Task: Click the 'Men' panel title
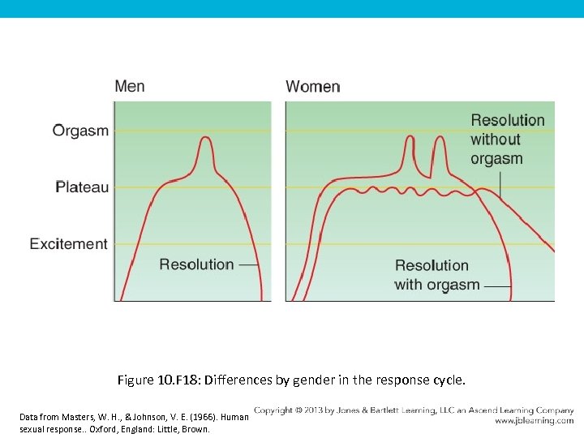tap(130, 86)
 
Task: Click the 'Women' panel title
tap(313, 87)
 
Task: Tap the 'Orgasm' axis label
tap(80, 131)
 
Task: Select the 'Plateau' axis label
tap(82, 187)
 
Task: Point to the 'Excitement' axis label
tap(69, 243)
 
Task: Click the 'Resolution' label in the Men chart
tap(196, 264)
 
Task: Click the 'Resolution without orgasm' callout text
tap(507, 140)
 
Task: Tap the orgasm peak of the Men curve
tap(205, 138)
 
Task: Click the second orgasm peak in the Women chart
tap(440, 137)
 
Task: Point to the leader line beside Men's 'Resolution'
tap(249, 265)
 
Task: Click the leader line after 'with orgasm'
tap(497, 286)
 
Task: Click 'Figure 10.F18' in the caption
tap(158, 380)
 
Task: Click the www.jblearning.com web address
tap(534, 421)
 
